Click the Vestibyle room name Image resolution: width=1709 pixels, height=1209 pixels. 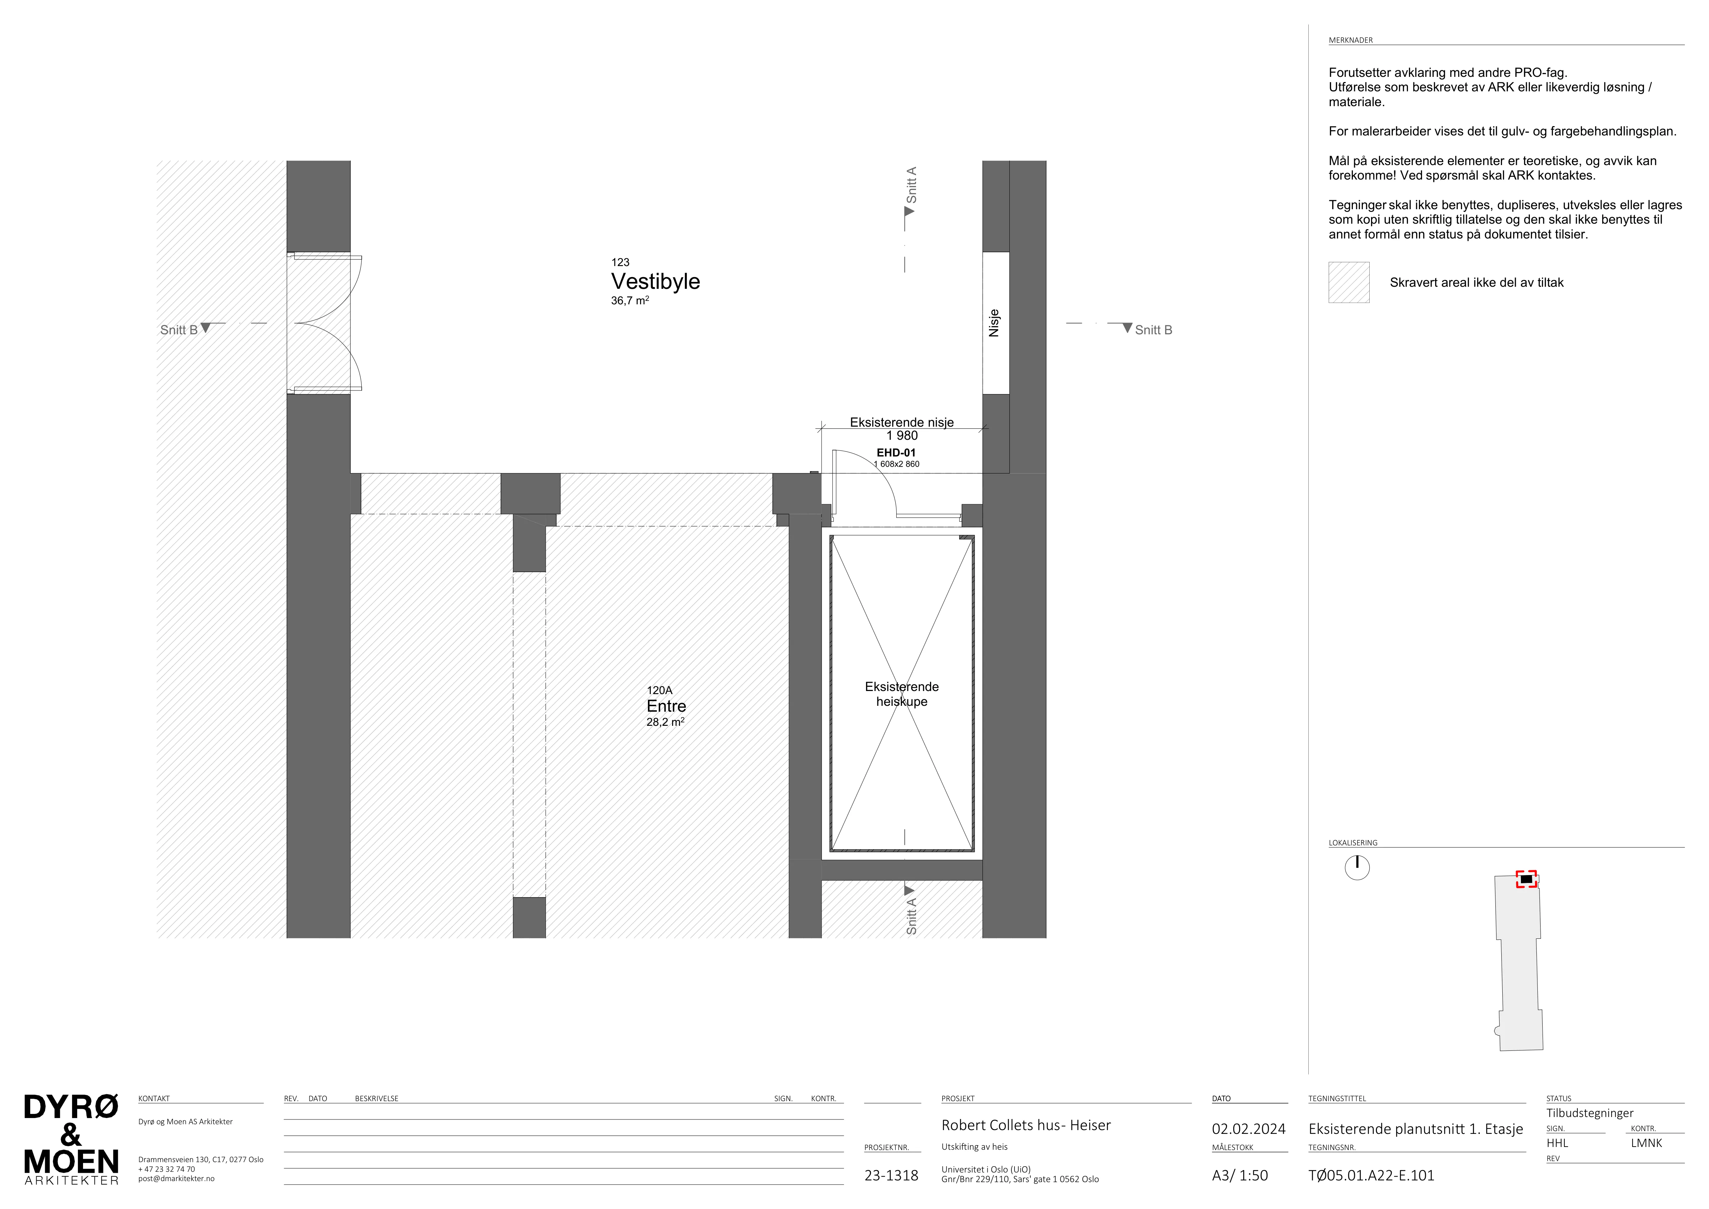[x=655, y=282]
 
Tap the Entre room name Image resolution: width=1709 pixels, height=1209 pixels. [x=666, y=706]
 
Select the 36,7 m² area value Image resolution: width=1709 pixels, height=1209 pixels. [x=630, y=301]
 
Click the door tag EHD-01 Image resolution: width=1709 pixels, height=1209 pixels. [x=896, y=453]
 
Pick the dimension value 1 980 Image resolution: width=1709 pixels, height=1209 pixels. [x=902, y=436]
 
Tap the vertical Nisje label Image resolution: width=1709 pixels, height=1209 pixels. [x=994, y=323]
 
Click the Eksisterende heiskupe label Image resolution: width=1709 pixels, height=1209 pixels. [x=902, y=694]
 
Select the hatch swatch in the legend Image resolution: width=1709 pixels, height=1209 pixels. [x=1349, y=282]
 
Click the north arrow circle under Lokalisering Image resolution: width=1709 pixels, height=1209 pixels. [x=1357, y=868]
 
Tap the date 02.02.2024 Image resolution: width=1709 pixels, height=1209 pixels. [x=1248, y=1129]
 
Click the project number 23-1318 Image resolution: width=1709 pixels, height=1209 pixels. [x=891, y=1176]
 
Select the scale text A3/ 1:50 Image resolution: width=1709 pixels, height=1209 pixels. [x=1239, y=1176]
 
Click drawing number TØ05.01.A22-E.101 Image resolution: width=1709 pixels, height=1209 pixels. [x=1371, y=1176]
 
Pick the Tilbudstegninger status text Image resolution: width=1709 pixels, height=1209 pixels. [x=1589, y=1113]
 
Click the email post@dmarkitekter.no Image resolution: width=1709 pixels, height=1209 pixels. [x=176, y=1178]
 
